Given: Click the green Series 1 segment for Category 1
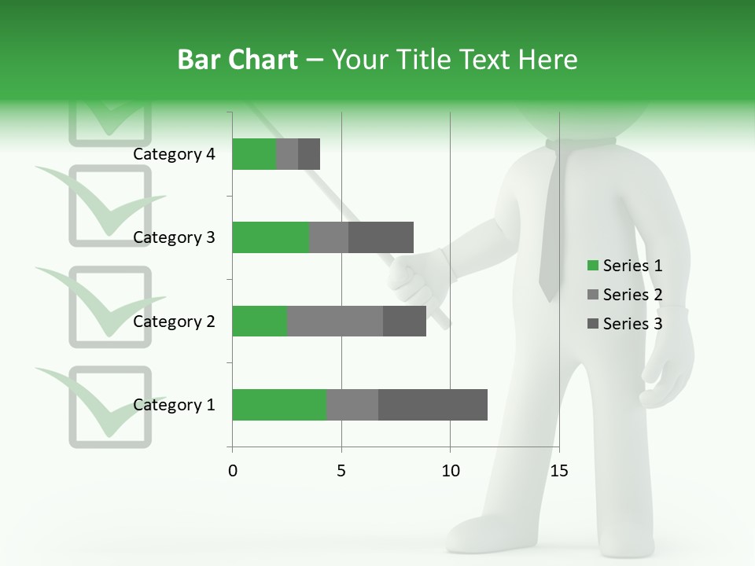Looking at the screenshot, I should pyautogui.click(x=279, y=405).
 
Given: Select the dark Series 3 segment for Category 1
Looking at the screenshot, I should pyautogui.click(x=433, y=405).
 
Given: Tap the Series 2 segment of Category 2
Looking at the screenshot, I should pyautogui.click(x=335, y=321).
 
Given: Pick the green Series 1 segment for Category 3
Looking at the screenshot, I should pyautogui.click(x=271, y=237).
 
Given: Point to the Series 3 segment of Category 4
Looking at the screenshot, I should pyautogui.click(x=309, y=154).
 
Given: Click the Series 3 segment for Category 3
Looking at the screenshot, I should pyautogui.click(x=381, y=237).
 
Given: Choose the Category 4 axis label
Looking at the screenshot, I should pyautogui.click(x=174, y=154).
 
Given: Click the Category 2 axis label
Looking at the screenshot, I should pyautogui.click(x=174, y=322).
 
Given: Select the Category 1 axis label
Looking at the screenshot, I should pyautogui.click(x=174, y=405).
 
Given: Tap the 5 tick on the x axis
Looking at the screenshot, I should pyautogui.click(x=341, y=471).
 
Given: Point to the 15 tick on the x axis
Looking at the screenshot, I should pyautogui.click(x=558, y=471).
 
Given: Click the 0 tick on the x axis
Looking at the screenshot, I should pyautogui.click(x=232, y=471).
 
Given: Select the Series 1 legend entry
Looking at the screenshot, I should pyautogui.click(x=625, y=266).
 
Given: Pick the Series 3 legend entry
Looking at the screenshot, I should pyautogui.click(x=625, y=324).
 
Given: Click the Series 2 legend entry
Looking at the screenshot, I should pyautogui.click(x=625, y=295).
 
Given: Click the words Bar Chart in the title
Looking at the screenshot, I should pyautogui.click(x=238, y=60).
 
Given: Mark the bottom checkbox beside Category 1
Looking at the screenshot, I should pyautogui.click(x=110, y=407).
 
